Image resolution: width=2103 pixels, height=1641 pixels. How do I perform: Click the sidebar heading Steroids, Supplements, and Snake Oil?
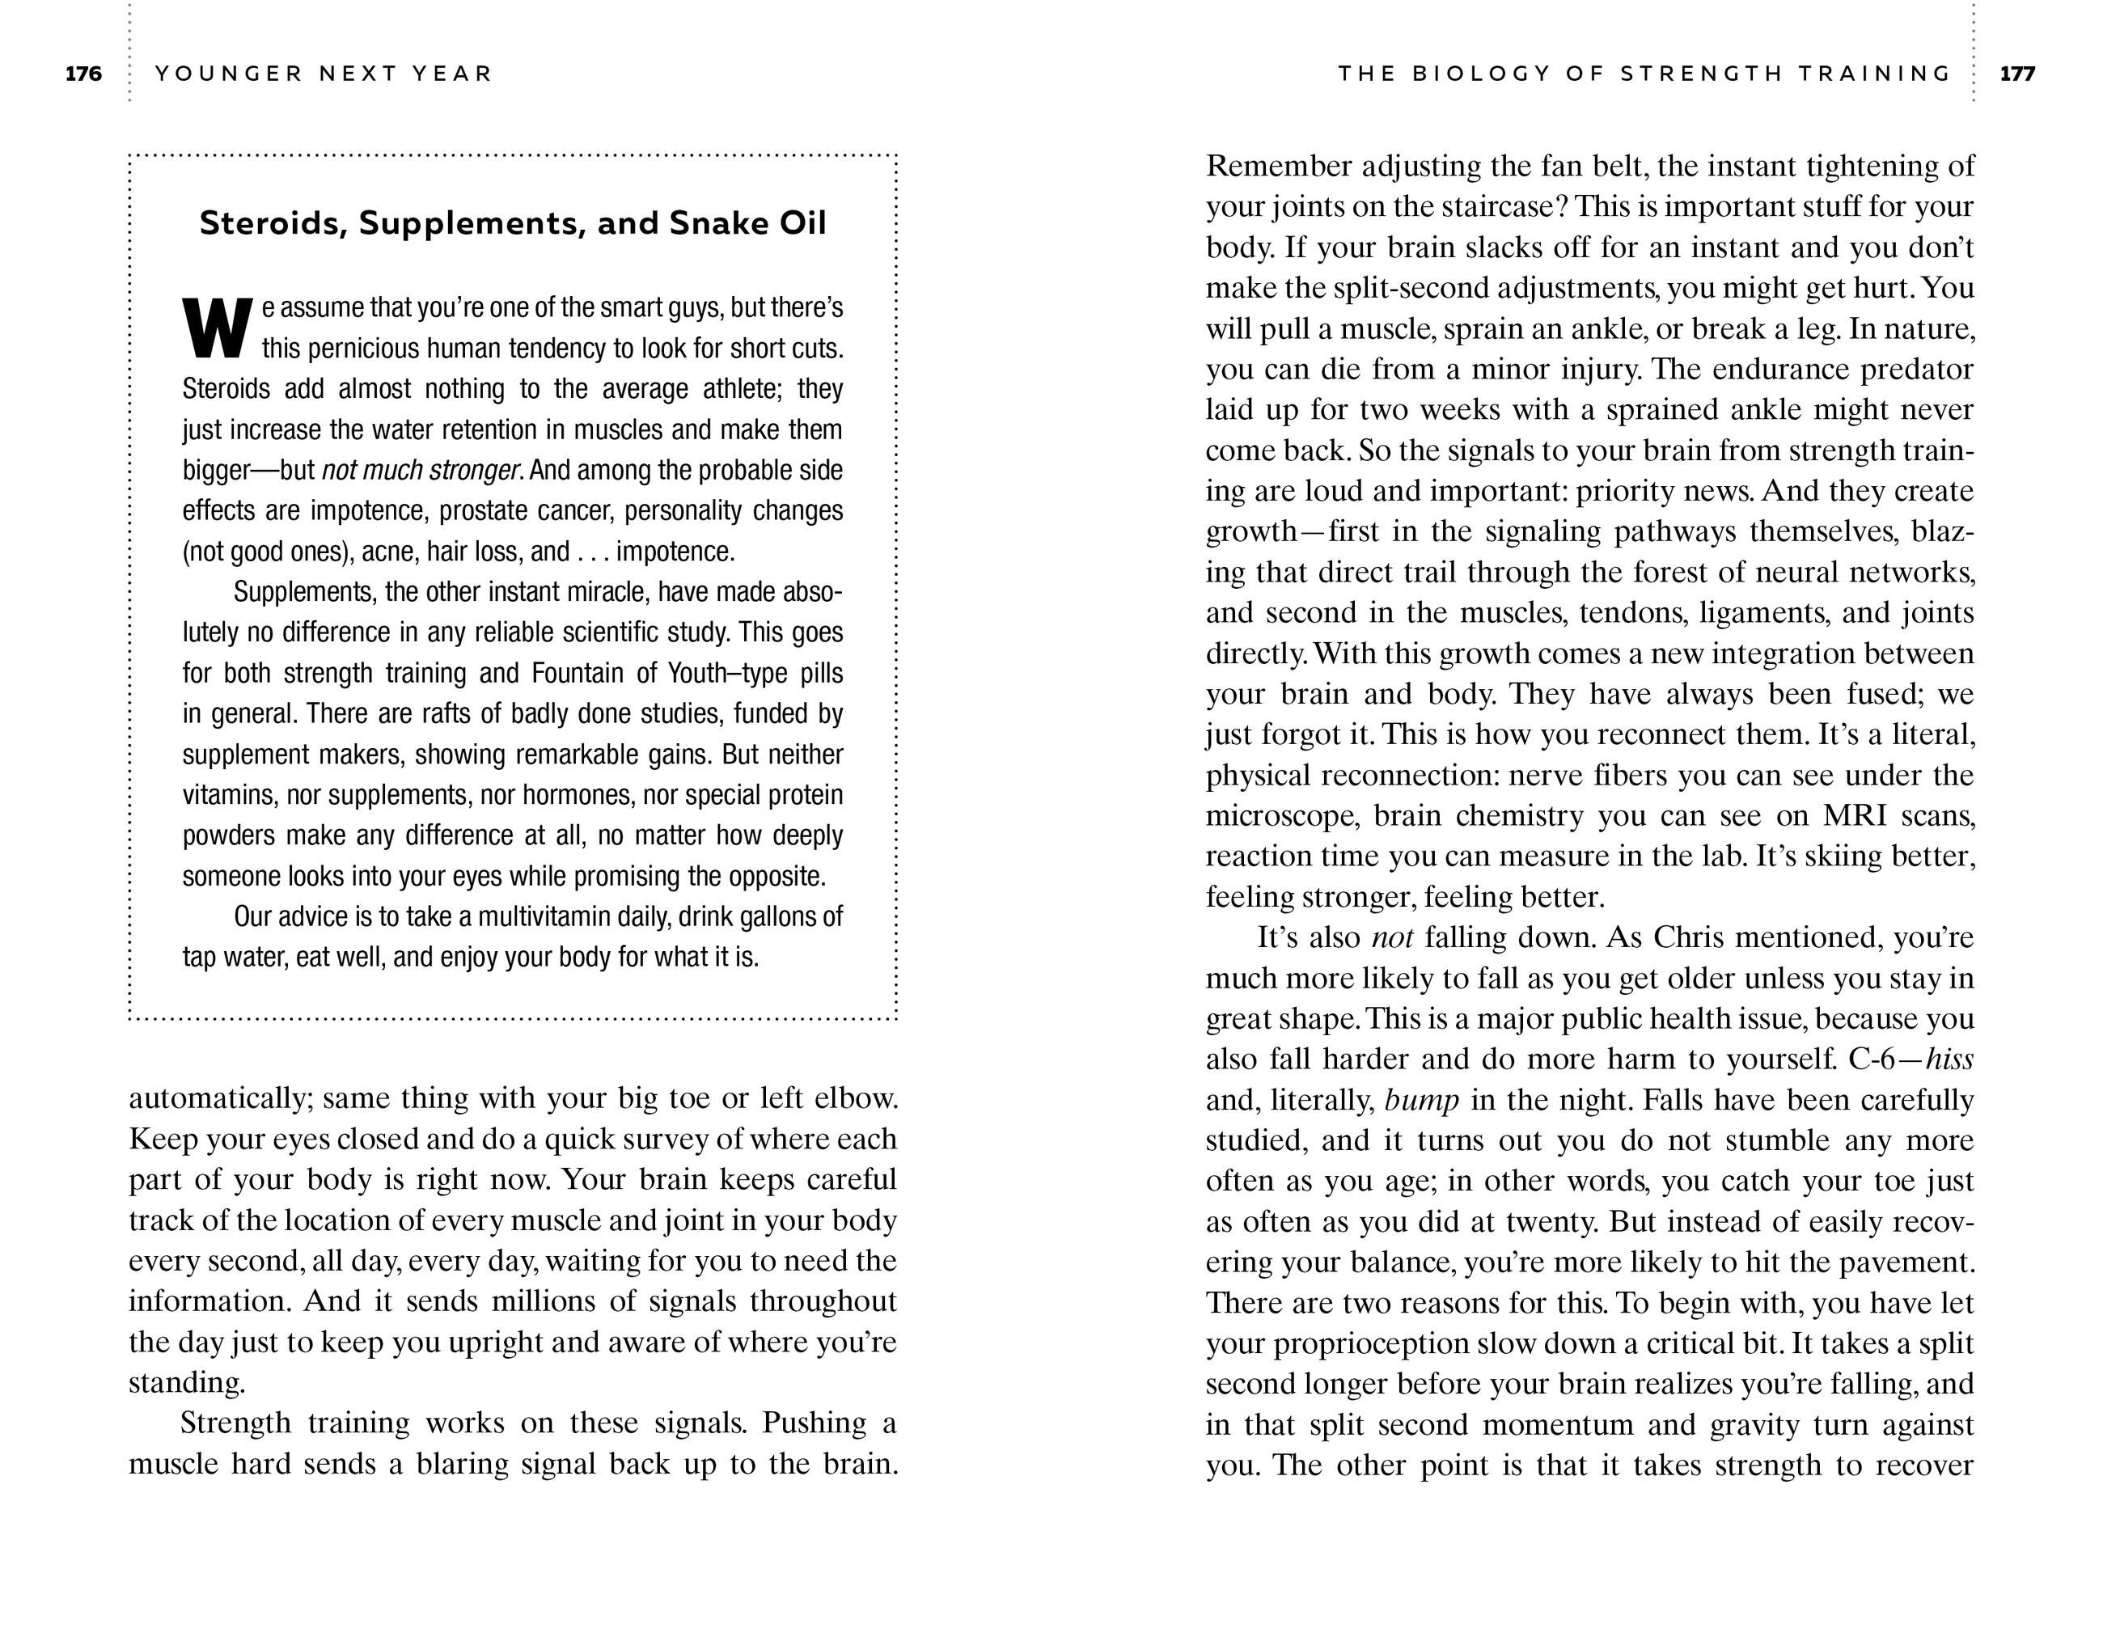coord(512,223)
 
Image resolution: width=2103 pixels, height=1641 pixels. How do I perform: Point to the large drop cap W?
coord(218,328)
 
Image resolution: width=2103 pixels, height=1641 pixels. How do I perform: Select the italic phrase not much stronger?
coord(421,471)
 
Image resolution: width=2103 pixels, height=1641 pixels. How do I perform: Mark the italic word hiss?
coord(1949,1059)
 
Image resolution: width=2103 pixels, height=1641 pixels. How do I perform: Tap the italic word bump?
coord(1421,1100)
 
